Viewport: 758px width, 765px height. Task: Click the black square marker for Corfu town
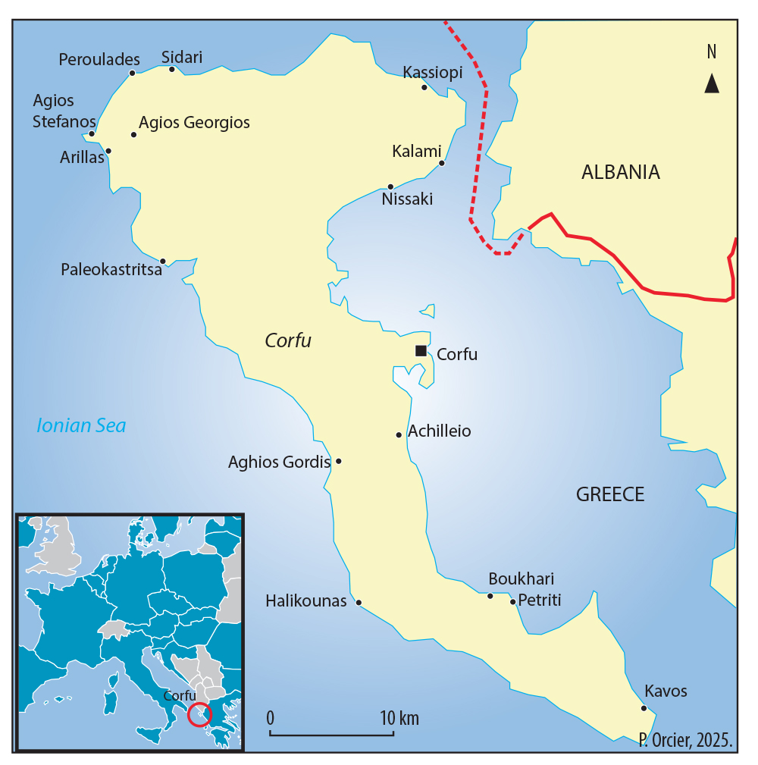420,350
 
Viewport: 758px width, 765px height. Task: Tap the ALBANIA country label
620,172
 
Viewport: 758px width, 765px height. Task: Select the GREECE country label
610,495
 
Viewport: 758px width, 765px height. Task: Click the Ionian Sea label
81,426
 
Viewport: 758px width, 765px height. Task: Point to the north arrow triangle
711,83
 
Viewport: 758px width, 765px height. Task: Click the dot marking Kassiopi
424,87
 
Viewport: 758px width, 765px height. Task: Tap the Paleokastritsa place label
111,270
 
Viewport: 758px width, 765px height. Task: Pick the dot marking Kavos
644,708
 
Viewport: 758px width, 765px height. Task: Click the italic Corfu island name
288,341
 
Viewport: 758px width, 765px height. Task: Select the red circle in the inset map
200,714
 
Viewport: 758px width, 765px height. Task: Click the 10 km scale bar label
399,718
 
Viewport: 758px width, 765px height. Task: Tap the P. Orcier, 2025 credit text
687,740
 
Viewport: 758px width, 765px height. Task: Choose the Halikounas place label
305,601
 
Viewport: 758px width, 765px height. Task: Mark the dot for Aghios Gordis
339,461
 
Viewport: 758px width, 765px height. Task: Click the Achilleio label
439,431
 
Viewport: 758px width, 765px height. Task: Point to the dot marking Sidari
172,69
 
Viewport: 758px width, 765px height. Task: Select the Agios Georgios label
194,122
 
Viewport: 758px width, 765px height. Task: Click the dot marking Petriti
512,602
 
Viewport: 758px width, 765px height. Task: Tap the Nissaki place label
407,199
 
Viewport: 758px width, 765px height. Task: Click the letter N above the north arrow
711,52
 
